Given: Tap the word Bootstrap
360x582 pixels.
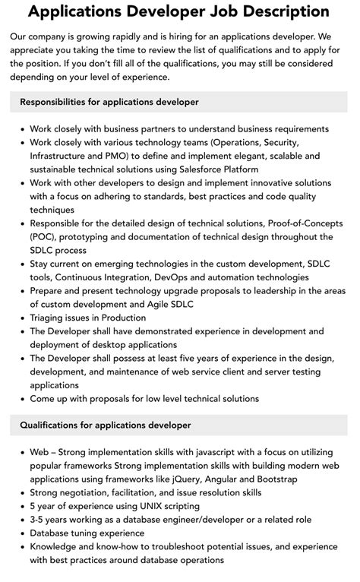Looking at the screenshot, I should pos(274,479).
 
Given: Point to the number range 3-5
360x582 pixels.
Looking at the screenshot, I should pos(39,520).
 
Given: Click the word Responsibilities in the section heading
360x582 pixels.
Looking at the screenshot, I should pos(55,102).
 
